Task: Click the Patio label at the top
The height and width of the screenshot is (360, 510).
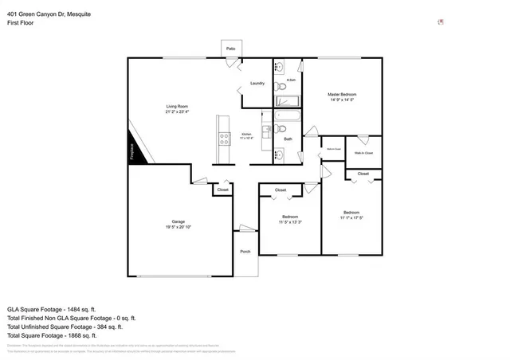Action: (x=230, y=49)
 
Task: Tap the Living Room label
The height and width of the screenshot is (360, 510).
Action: (x=177, y=107)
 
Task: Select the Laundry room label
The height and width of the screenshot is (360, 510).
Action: (x=257, y=84)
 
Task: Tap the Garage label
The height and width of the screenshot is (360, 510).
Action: (x=178, y=221)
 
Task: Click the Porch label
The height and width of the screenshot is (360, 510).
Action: (x=245, y=252)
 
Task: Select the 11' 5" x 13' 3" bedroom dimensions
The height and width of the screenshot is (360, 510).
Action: (x=289, y=222)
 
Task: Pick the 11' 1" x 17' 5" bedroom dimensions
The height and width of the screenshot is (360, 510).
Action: (x=351, y=217)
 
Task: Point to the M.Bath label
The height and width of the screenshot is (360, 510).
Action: (x=291, y=80)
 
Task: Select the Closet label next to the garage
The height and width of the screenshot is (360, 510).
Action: (x=222, y=190)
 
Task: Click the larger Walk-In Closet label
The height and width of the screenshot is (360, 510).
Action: (x=363, y=152)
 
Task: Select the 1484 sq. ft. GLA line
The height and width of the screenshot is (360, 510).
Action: (x=51, y=309)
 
